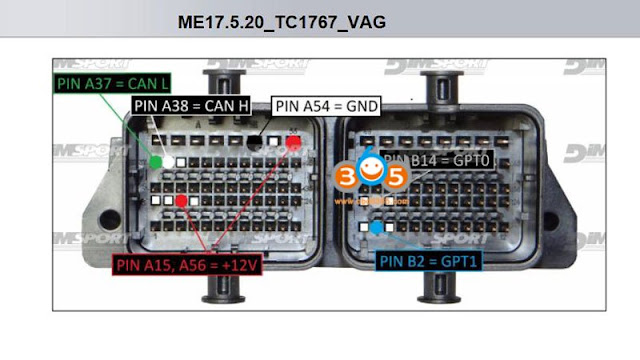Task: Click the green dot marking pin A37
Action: point(156,161)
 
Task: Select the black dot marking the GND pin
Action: point(256,143)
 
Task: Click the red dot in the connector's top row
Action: point(293,143)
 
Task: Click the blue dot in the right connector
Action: point(376,228)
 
